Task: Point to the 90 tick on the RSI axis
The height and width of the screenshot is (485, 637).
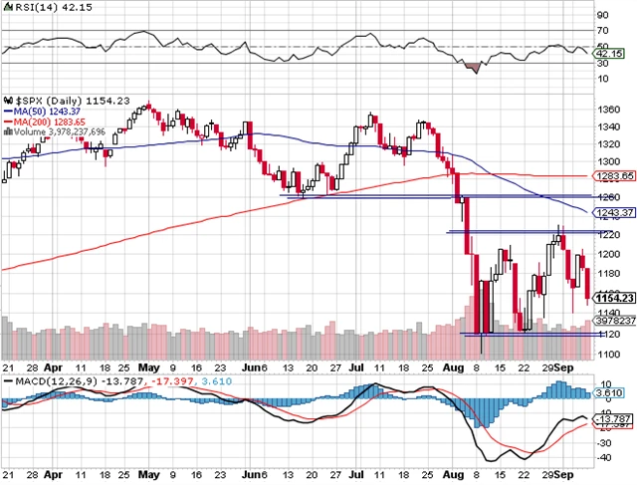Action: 601,17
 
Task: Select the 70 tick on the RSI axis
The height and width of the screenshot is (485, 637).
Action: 601,31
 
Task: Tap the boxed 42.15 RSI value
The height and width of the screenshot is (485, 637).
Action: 608,52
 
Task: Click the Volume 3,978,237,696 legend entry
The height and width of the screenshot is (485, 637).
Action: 56,130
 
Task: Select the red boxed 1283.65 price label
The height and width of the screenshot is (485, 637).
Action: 615,176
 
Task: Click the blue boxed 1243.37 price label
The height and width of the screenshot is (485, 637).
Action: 615,213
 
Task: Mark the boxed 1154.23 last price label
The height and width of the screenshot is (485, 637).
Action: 614,297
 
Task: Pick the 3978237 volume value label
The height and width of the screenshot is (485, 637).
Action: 613,321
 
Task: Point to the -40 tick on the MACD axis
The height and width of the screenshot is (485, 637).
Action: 601,457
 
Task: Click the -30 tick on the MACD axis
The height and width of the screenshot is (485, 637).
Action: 601,442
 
